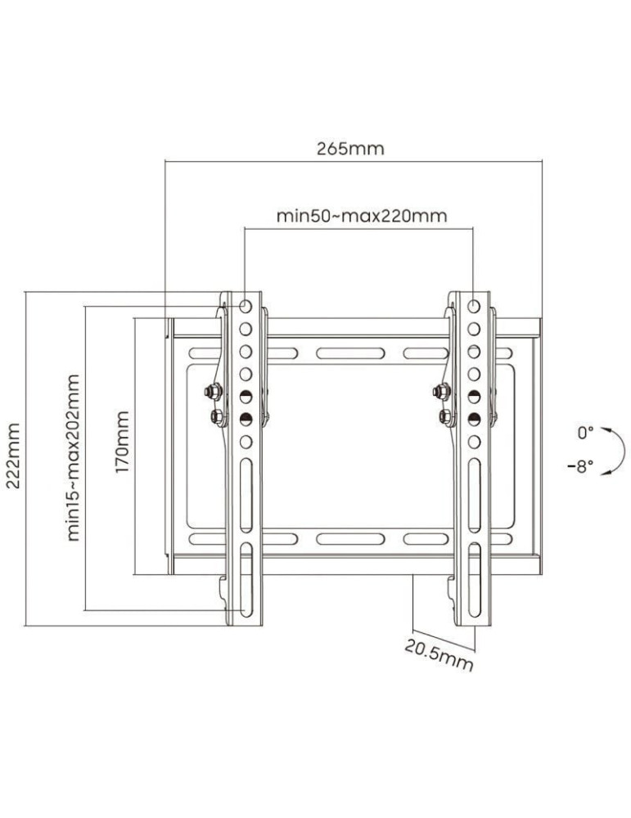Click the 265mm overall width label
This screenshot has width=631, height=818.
coord(350,149)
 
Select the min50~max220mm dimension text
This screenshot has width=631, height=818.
coord(361,216)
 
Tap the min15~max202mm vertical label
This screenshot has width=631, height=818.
coord(74,456)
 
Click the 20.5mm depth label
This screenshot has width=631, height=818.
coord(439,654)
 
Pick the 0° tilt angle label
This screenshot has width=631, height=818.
coord(584,432)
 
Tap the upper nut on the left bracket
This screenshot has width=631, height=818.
coord(214,392)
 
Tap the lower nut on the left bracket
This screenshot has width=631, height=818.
coord(216,416)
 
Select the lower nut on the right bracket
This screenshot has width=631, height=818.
coord(445,416)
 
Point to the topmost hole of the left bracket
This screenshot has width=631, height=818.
coord(246,306)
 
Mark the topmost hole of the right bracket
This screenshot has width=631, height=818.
coord(474,306)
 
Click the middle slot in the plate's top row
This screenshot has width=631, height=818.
coord(339,354)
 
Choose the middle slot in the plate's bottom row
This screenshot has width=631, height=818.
coord(339,539)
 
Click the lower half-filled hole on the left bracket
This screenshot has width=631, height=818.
coord(246,419)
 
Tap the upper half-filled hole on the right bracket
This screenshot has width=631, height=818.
coord(474,396)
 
